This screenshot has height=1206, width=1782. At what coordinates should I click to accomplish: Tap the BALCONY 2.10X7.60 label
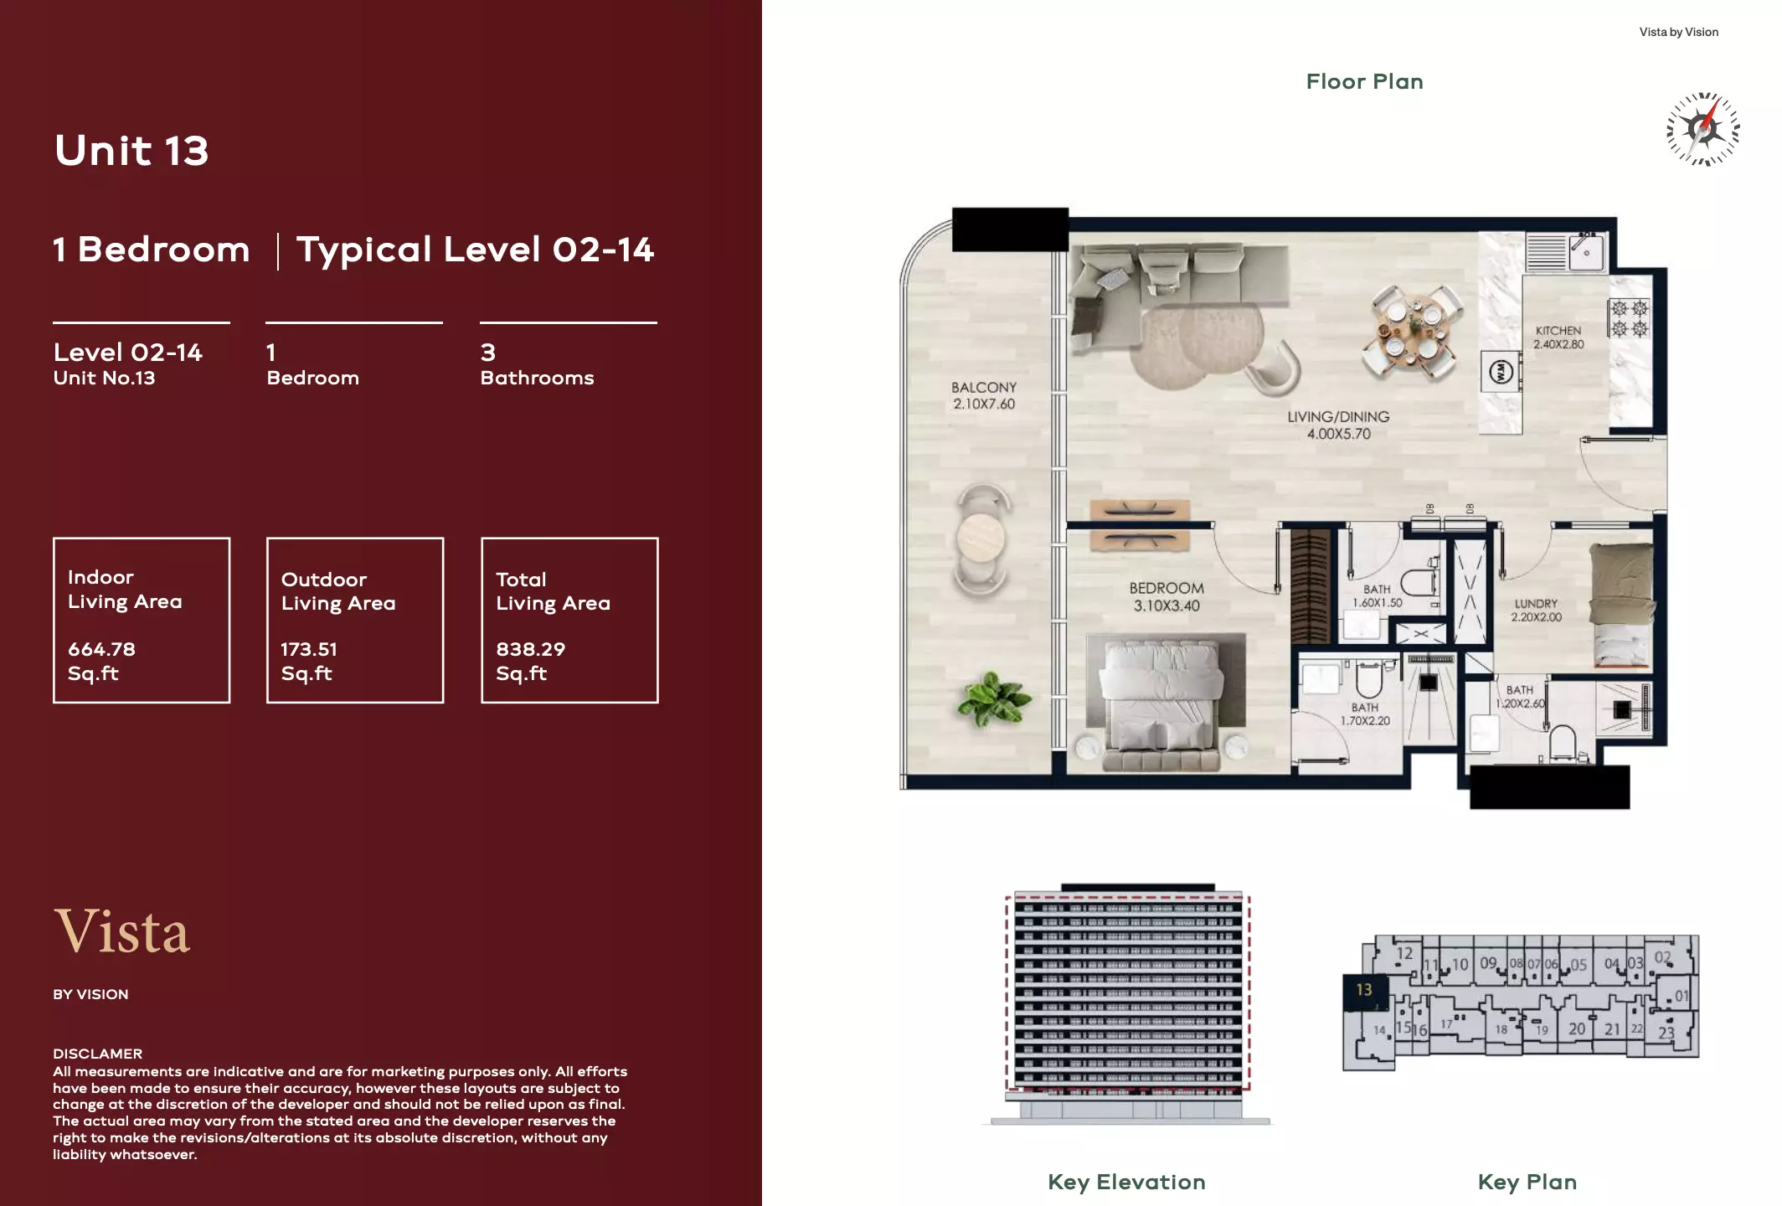(984, 395)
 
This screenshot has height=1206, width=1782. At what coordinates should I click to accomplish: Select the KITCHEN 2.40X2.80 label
(1558, 338)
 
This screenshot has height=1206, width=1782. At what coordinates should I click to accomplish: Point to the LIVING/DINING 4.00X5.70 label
(1338, 425)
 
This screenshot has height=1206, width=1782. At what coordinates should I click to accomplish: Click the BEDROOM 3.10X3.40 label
(1167, 596)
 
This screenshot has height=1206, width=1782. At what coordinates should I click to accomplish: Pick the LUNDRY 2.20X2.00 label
(1536, 610)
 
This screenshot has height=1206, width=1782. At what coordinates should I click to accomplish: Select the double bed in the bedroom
(1164, 703)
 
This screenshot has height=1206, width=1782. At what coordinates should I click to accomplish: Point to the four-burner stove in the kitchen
(1629, 318)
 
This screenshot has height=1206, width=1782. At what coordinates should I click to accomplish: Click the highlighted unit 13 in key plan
(1364, 990)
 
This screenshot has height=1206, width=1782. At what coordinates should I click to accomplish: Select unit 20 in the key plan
(1577, 1028)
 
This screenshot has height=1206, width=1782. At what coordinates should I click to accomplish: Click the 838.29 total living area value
(530, 649)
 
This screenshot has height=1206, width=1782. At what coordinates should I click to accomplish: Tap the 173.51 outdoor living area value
(309, 649)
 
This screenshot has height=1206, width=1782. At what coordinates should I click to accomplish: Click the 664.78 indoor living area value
(101, 649)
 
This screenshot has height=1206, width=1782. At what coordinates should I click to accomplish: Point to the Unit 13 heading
(131, 151)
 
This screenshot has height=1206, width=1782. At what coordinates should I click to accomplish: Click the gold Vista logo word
(122, 931)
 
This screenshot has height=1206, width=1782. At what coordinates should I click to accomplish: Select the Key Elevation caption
(1126, 1182)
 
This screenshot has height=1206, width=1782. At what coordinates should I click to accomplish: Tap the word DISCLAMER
(97, 1054)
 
